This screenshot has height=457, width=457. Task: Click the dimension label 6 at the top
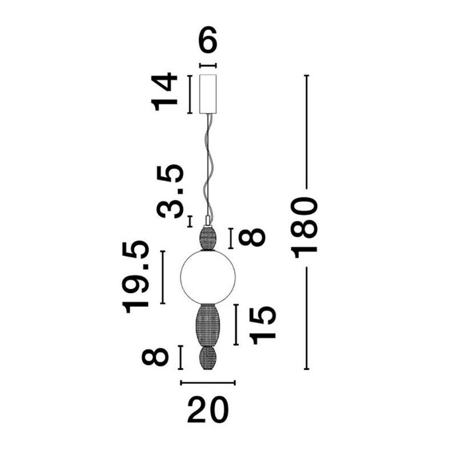coord(208,39)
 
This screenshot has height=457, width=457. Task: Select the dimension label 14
coord(164,93)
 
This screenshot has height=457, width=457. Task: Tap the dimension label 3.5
coord(170,191)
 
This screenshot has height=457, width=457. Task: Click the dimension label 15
coord(262,325)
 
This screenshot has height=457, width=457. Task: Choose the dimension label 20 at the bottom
coord(208,410)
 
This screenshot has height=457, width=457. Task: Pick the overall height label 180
coord(305,228)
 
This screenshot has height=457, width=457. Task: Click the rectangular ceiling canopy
coord(208,94)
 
